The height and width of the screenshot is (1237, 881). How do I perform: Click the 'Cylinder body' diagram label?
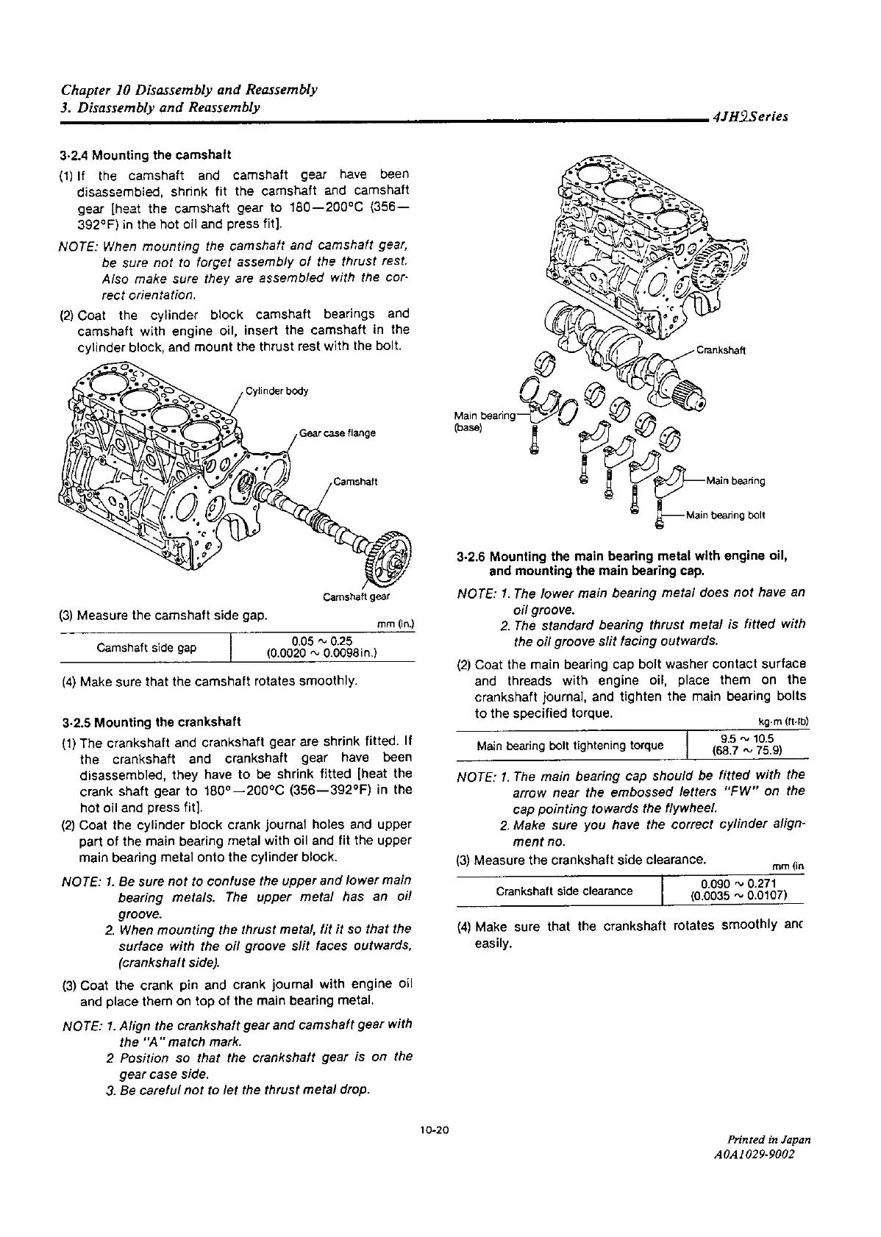277,391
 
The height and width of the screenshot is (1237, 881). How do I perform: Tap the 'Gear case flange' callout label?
338,433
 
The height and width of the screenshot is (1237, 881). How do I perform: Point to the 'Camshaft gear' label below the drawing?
356,596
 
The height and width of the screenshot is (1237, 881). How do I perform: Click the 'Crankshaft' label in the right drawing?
721,350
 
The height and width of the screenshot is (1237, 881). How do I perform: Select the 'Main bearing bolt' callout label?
725,515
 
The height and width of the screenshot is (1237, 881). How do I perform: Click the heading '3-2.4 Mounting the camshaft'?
146,155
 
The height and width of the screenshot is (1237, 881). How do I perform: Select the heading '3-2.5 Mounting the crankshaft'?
151,721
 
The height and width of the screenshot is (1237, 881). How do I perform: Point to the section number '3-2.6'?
471,556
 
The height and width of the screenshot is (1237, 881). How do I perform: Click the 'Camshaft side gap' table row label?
146,648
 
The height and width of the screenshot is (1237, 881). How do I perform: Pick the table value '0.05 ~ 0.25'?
321,641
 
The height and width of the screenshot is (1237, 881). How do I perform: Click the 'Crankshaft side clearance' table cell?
564,891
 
